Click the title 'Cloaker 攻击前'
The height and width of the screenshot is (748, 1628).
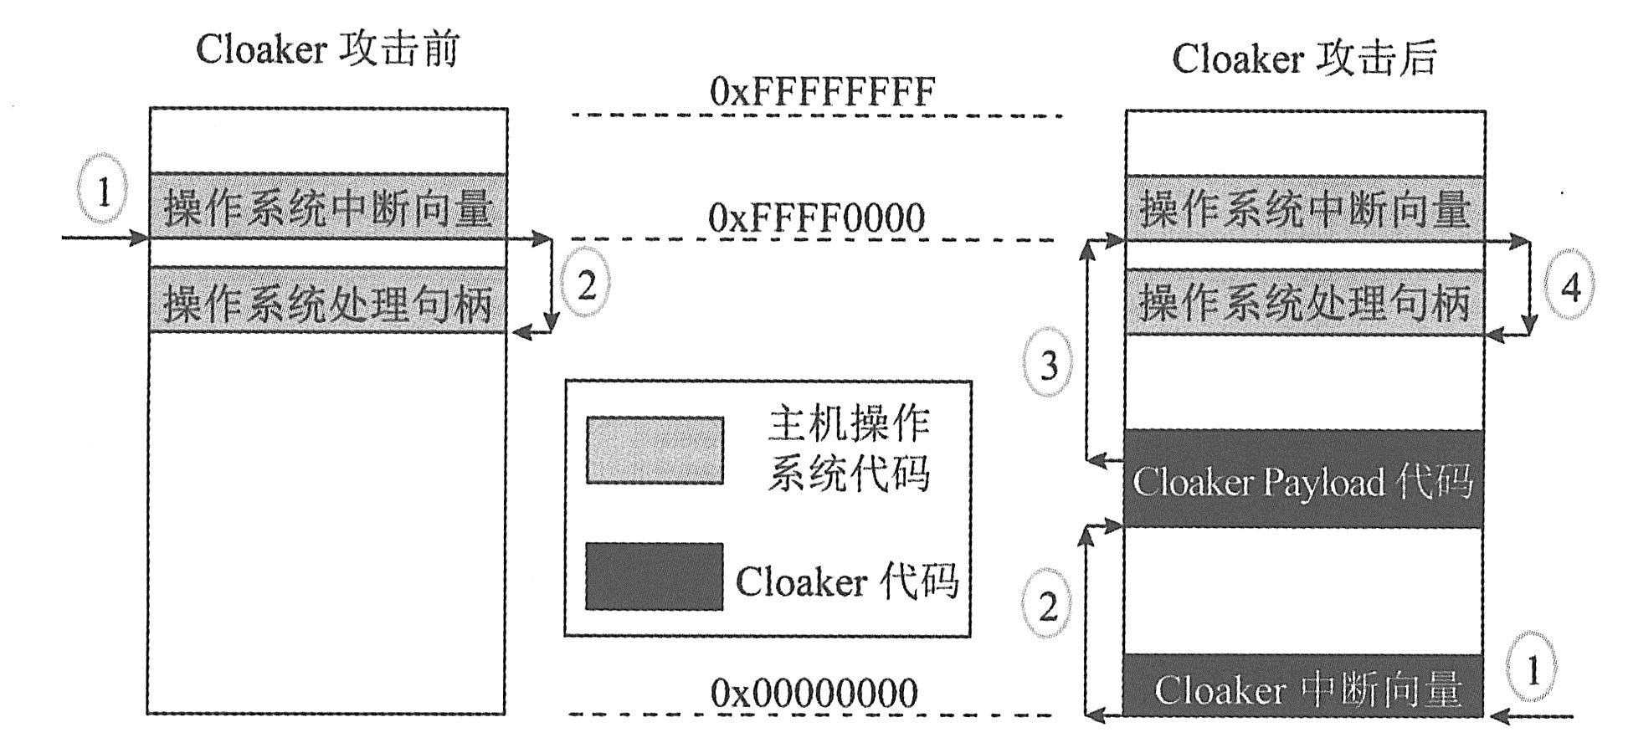(x=327, y=49)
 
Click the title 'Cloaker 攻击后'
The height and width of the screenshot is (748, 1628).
(x=1303, y=59)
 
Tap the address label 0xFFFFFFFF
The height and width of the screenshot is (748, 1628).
(x=821, y=91)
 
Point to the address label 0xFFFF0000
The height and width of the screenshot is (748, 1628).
(x=816, y=218)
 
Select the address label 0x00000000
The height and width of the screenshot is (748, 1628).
(x=814, y=694)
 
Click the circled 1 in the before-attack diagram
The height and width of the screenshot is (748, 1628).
(x=103, y=191)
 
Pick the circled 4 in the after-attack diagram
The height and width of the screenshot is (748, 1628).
(x=1570, y=286)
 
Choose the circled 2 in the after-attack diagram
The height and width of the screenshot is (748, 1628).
(x=1048, y=605)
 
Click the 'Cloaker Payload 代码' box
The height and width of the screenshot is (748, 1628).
(x=1302, y=479)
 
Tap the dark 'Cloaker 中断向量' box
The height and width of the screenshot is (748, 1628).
(x=1302, y=688)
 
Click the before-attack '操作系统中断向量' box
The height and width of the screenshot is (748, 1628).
(x=328, y=207)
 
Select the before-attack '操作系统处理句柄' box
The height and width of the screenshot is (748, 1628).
(x=328, y=301)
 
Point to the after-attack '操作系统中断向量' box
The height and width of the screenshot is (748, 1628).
(x=1304, y=208)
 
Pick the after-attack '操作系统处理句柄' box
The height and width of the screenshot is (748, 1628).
(x=1304, y=302)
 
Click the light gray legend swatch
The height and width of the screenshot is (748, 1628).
(x=655, y=450)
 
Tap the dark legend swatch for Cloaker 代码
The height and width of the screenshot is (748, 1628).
(x=654, y=576)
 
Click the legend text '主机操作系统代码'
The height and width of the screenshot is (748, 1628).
(x=848, y=449)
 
